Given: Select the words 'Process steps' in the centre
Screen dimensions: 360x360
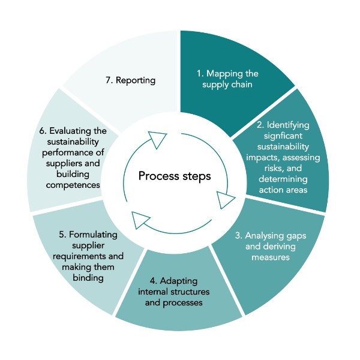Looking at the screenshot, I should tap(175, 176).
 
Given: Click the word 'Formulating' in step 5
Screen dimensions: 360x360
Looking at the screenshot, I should tap(93, 234).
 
